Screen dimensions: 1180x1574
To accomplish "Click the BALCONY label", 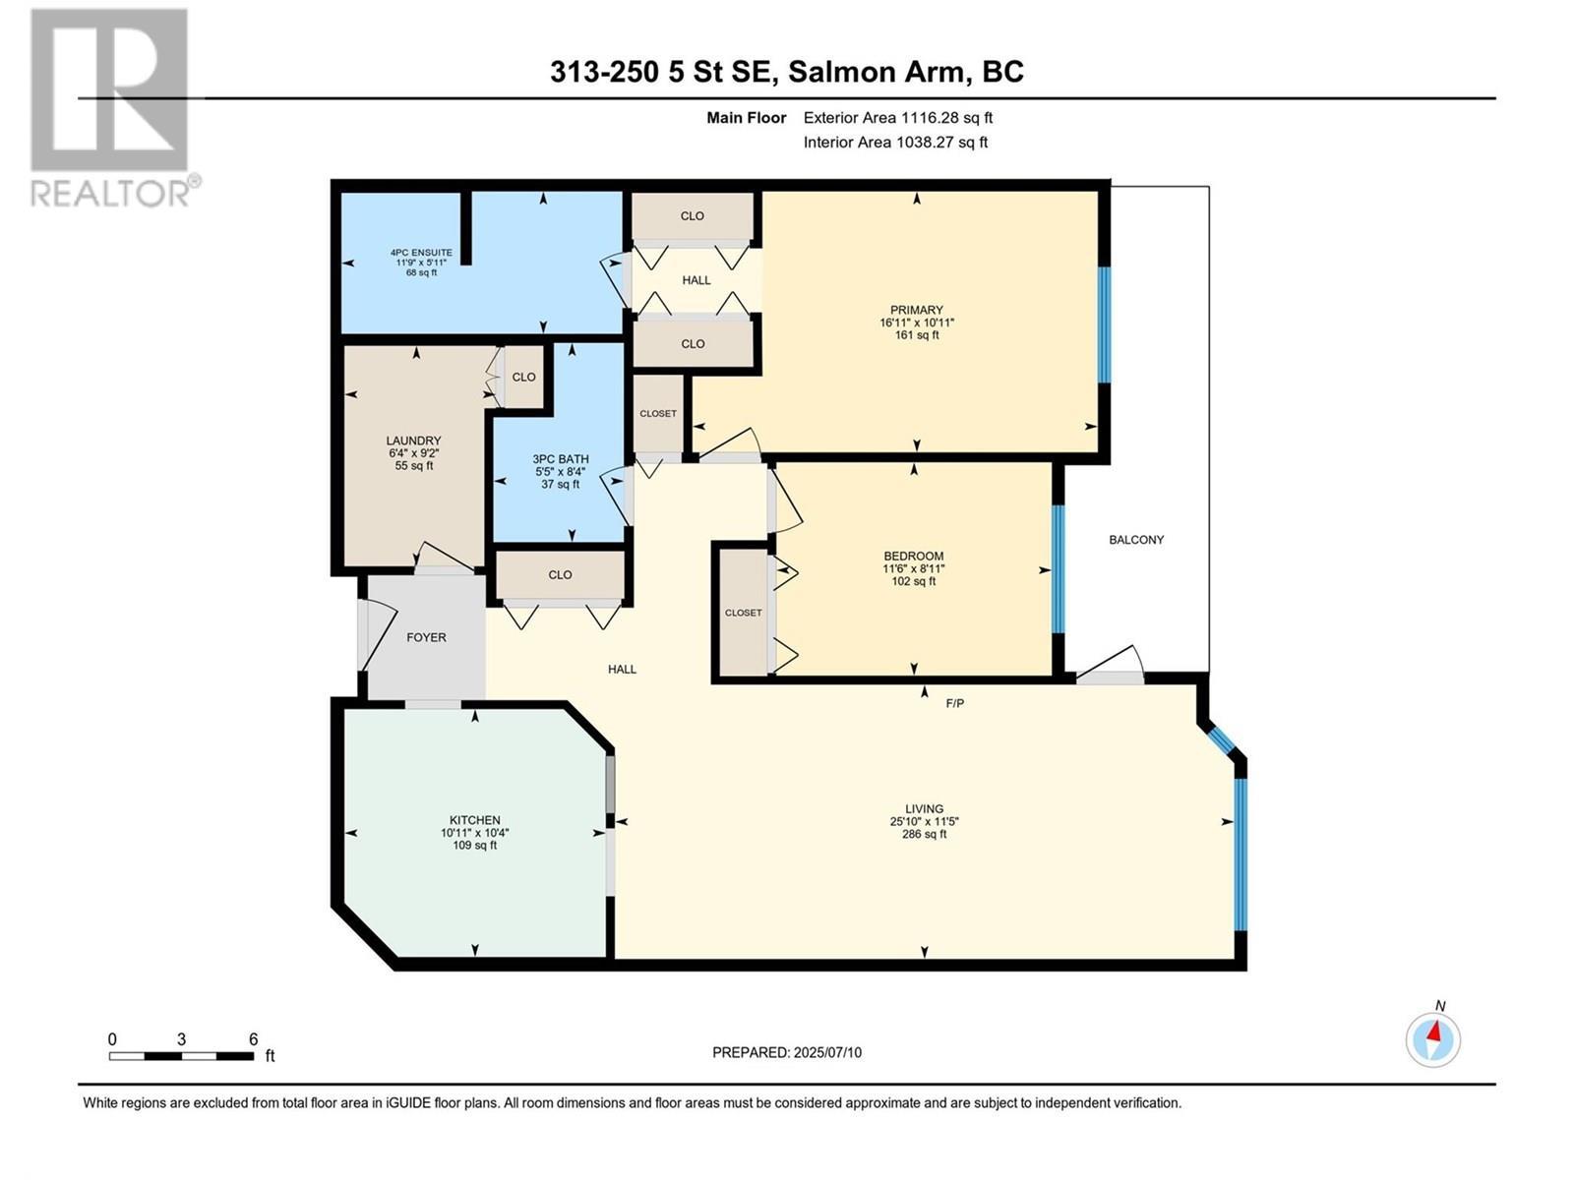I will coord(1136,540).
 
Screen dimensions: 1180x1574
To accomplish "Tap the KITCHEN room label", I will coord(474,820).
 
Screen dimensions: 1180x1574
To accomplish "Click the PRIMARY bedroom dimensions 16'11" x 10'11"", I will coord(917,323).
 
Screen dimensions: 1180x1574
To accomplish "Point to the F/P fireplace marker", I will coord(954,703).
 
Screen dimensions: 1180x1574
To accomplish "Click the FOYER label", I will coord(426,637).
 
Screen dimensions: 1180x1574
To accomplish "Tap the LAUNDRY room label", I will coord(413,441).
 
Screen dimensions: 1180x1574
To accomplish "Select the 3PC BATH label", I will coord(561,458).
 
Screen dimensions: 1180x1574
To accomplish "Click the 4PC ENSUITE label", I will coord(421,253).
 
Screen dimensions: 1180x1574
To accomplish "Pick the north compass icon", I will coord(1433,1038).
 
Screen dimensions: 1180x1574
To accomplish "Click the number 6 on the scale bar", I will coord(253,1039).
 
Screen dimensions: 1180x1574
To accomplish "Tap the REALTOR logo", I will coord(110,108).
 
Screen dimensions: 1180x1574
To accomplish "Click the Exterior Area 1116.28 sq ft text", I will coord(897,118).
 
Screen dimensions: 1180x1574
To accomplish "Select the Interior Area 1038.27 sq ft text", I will coord(895,143).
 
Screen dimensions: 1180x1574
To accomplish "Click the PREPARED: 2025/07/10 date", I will coord(787,1052).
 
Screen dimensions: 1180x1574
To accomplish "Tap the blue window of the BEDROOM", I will coord(1059,569).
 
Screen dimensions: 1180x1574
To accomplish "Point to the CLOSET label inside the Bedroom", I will coord(743,613).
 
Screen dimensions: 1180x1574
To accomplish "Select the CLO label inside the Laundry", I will coord(523,377).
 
